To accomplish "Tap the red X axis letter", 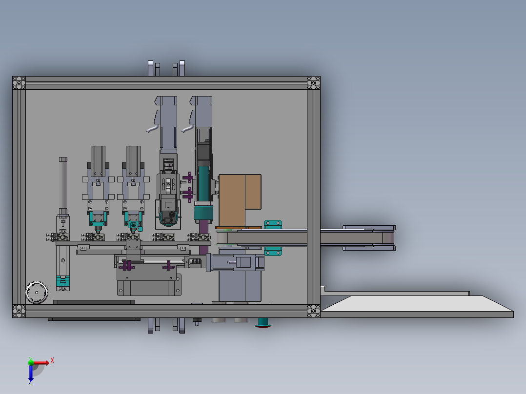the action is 52,361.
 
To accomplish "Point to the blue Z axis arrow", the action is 31,374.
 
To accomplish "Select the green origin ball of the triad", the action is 31,362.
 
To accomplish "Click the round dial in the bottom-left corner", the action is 37,293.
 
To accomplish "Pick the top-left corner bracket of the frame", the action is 19,83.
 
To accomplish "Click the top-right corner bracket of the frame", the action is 314,83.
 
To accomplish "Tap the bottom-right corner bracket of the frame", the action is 314,311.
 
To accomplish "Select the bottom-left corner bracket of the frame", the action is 19,311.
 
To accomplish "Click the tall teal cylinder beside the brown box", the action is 203,193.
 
